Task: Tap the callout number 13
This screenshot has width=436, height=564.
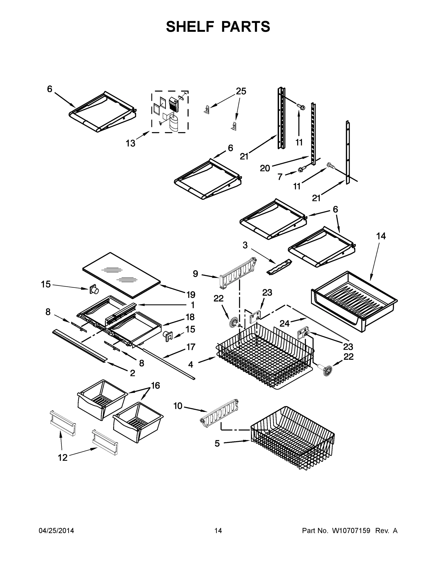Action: coord(130,143)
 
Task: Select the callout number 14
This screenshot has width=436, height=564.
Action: coord(381,236)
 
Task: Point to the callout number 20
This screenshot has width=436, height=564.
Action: coord(265,168)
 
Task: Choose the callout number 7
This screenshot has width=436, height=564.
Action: coord(280,177)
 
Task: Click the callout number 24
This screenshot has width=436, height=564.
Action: coord(284,323)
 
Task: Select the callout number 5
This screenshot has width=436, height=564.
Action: coord(217,443)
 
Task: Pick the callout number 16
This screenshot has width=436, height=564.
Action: coord(155,385)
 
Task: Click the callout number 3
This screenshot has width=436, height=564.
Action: coord(245,245)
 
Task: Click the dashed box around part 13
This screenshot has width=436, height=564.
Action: coord(170,112)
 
